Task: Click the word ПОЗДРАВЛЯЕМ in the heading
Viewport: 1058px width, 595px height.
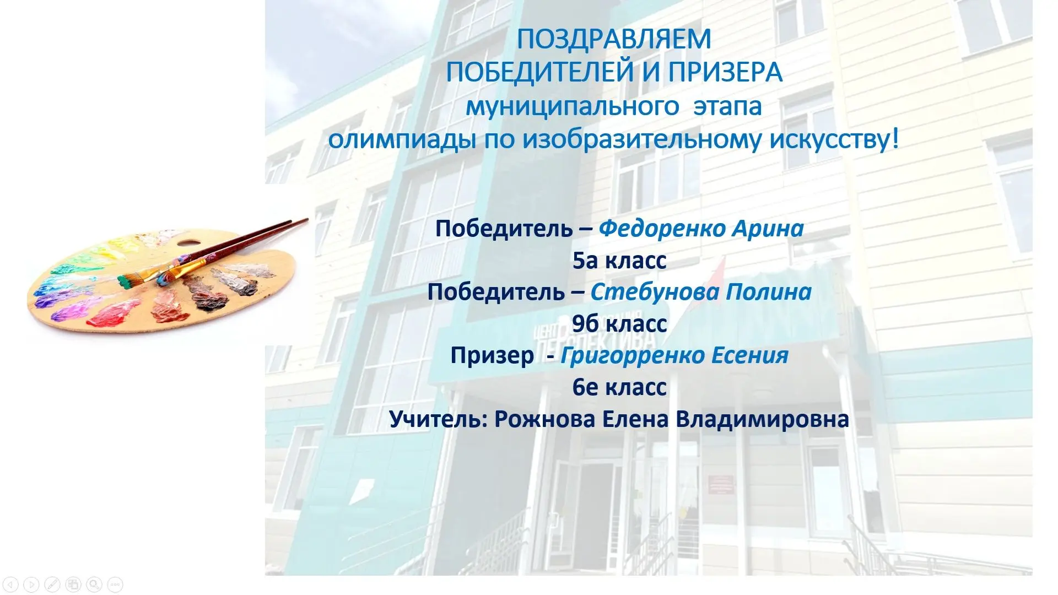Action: (x=614, y=39)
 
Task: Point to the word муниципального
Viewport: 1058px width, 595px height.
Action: (x=573, y=106)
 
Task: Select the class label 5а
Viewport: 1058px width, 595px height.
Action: (x=585, y=261)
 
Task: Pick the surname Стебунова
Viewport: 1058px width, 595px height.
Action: (x=655, y=292)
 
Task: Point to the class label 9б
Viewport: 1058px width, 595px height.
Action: (x=585, y=323)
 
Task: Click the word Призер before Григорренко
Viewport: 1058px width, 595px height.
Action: (x=492, y=356)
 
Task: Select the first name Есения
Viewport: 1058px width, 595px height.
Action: (x=750, y=355)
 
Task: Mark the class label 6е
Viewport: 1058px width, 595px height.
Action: (x=585, y=387)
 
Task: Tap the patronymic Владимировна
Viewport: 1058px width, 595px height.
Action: (x=762, y=419)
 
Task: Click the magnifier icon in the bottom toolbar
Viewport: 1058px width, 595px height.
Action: (x=94, y=584)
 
